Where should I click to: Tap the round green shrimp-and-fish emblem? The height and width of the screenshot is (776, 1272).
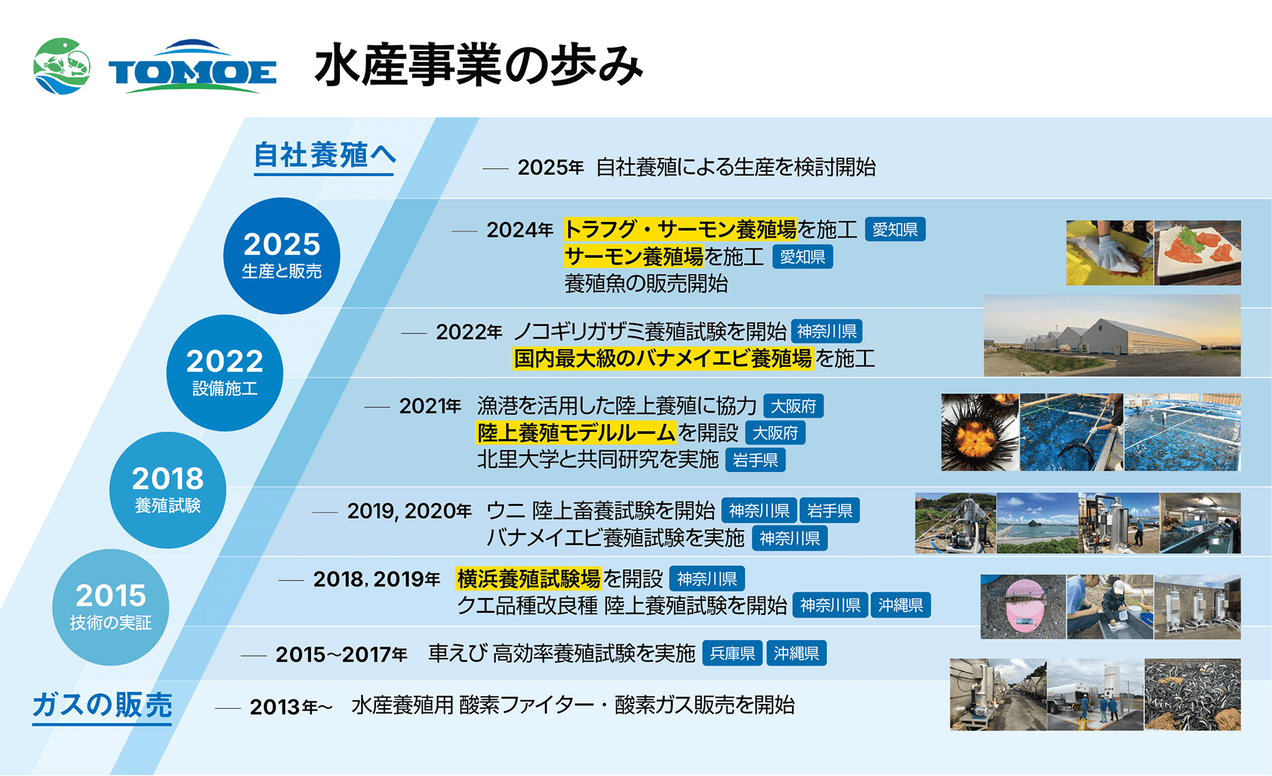pos(62,66)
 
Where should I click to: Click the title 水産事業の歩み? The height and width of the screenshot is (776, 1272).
pos(478,65)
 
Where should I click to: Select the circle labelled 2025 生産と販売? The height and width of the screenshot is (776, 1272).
pos(281,255)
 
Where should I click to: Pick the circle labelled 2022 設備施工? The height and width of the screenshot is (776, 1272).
pos(225,372)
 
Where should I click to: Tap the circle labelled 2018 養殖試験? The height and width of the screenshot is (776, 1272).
pos(167,490)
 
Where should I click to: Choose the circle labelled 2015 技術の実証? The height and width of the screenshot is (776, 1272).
pos(110,607)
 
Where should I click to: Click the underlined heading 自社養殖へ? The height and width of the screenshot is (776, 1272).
pos(324,157)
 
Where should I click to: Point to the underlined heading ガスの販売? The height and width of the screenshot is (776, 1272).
pos(102,706)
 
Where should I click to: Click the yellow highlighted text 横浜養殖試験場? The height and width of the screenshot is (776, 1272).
pos(529,579)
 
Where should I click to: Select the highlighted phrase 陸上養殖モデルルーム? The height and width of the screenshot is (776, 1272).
pos(576,432)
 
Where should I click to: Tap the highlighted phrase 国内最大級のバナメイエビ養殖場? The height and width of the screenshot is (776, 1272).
pos(663,358)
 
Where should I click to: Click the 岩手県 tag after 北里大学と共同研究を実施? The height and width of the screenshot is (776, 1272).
pos(755,460)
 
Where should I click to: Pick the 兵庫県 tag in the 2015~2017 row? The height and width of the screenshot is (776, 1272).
pos(733,654)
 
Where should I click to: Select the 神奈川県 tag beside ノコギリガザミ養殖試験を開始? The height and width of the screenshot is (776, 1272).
pos(827,331)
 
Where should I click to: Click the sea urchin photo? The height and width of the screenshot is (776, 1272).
pos(980,432)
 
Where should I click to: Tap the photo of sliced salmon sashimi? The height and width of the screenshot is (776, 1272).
pos(1197,253)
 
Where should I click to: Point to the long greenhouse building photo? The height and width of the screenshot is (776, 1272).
pos(1112,336)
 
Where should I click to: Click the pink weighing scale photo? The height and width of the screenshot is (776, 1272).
pos(1023,606)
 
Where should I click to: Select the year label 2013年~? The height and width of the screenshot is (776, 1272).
pos(291,707)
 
